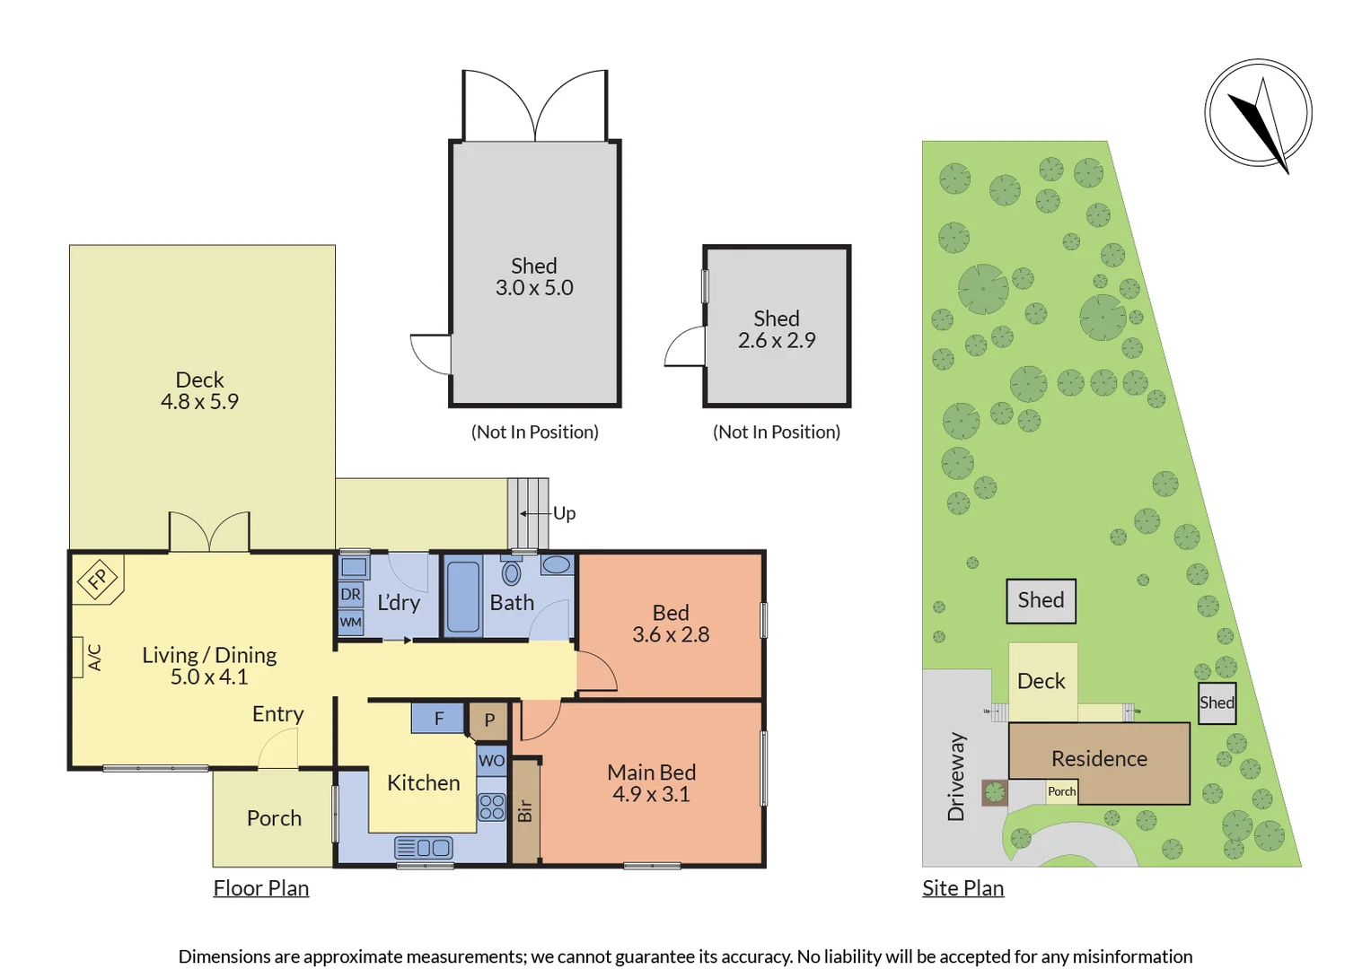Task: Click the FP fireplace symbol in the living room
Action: coord(99,579)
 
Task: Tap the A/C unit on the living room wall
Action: coord(78,657)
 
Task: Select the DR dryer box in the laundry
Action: coord(351,594)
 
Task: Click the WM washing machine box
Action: coord(351,622)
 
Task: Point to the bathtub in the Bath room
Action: coord(463,597)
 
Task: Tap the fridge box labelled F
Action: coord(437,718)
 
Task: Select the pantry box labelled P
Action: coord(488,720)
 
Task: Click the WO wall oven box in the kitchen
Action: coord(491,761)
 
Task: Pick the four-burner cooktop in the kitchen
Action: coord(492,807)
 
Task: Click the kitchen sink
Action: coord(424,848)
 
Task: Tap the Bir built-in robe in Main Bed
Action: coord(525,811)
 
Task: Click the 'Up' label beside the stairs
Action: coord(564,514)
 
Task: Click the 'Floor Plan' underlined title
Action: coord(260,888)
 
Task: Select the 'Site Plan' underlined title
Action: coord(962,888)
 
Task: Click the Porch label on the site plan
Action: coord(1061,791)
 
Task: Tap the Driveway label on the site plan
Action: coord(956,777)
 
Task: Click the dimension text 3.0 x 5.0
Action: coord(534,287)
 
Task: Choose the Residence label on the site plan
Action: coord(1099,758)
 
